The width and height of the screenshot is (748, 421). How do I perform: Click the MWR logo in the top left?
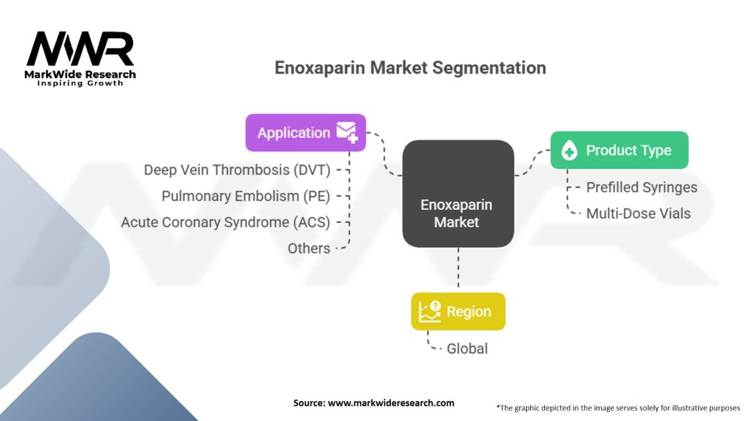[x=80, y=51]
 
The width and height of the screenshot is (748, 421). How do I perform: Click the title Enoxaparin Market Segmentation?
[x=410, y=68]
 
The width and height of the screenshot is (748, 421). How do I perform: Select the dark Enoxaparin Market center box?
[x=458, y=193]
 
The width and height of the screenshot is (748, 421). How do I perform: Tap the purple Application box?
[x=305, y=132]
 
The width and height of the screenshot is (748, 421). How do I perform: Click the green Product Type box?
[x=619, y=151]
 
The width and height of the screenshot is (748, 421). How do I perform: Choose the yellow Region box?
[x=458, y=311]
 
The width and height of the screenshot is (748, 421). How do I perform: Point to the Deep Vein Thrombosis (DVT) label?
[x=237, y=170]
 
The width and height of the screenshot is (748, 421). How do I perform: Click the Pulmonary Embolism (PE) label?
[x=245, y=196]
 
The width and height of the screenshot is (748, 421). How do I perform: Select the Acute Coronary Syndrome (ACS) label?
[x=226, y=222]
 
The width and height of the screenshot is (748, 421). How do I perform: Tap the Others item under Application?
[x=309, y=249]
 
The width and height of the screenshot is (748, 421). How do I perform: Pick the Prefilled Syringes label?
[x=641, y=188]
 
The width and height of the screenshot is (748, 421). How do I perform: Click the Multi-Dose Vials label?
[x=638, y=214]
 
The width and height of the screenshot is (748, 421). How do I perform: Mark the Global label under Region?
[x=467, y=349]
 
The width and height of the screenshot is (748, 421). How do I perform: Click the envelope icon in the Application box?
[x=346, y=132]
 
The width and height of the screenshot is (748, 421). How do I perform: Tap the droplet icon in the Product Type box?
[x=569, y=151]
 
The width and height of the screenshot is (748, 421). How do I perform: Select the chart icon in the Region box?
[x=431, y=311]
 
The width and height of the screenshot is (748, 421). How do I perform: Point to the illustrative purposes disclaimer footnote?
[x=618, y=407]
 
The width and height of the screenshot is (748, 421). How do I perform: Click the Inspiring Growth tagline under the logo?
[x=80, y=83]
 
